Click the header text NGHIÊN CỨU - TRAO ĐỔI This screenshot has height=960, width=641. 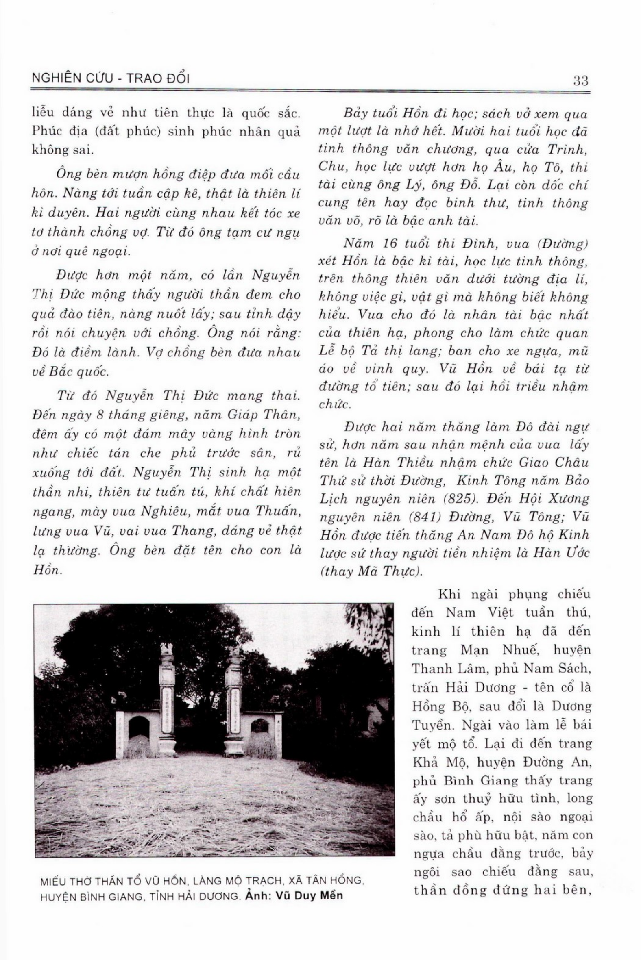click(110, 78)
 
